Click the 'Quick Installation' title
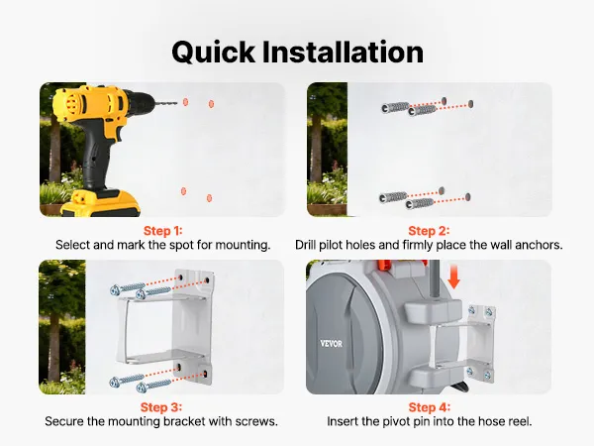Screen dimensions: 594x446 (x=297, y=53)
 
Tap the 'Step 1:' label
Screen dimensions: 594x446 (x=163, y=231)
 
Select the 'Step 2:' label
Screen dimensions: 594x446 (x=429, y=231)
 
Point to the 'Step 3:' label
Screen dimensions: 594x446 (x=161, y=407)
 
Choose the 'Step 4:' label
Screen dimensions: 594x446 (x=430, y=407)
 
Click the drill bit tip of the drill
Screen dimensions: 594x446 (x=176, y=102)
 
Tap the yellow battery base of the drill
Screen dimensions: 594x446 (x=102, y=203)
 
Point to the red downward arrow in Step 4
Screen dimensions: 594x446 (x=453, y=278)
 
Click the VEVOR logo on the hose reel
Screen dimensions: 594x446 (x=331, y=344)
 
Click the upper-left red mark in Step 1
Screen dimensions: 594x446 (x=186, y=102)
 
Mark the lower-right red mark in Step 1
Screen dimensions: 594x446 (x=209, y=197)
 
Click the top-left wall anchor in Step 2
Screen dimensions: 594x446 (x=395, y=107)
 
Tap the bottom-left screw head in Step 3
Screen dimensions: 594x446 (x=115, y=383)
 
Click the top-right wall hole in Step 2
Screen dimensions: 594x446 (x=470, y=103)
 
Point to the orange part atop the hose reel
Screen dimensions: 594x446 (x=384, y=265)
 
